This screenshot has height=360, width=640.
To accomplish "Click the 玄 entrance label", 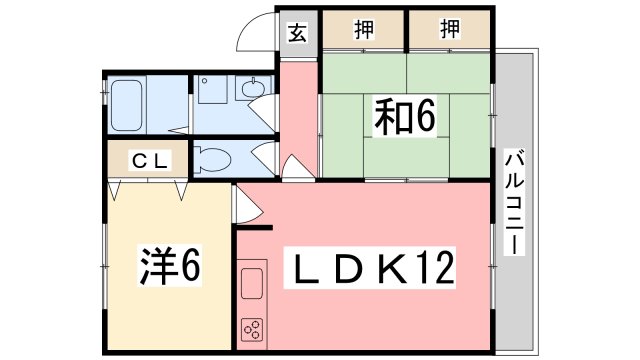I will coord(298,31).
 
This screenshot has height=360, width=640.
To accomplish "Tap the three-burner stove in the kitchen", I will coord(251,327).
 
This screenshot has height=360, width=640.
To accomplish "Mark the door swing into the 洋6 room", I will coord(246,206).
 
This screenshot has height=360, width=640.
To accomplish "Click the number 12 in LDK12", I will coord(436,268).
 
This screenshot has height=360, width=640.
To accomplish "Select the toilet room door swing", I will coord(263,155).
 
